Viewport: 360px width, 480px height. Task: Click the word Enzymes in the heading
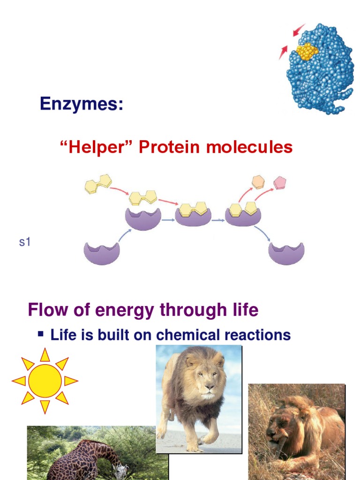81,104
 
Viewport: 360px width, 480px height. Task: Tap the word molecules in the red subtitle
247,147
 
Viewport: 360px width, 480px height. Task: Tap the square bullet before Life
41,334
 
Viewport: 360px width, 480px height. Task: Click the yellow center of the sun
45,381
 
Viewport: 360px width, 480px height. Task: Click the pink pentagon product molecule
280,182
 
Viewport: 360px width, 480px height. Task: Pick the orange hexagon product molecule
258,182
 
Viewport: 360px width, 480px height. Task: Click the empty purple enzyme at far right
286,253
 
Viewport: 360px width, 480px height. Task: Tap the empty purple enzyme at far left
102,253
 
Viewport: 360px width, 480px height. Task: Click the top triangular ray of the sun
45,355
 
